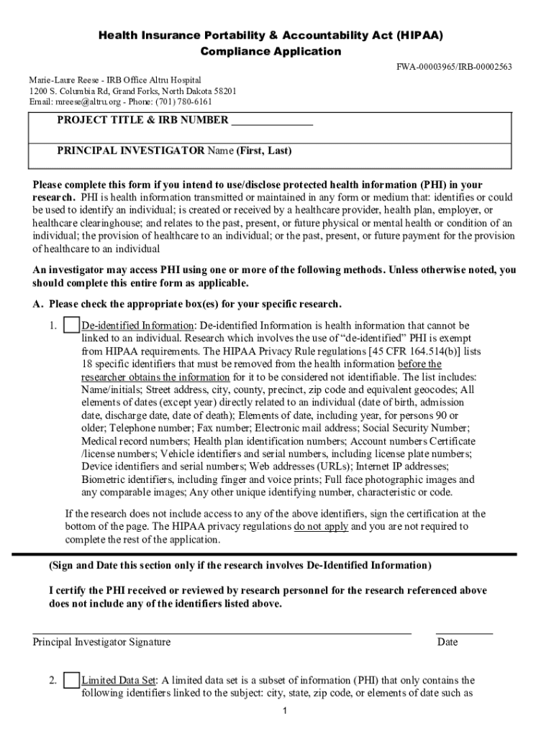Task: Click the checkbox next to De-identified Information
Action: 71,326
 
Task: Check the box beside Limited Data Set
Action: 71,680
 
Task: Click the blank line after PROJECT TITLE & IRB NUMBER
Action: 272,121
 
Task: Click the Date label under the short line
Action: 447,642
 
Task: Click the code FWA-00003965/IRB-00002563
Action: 454,67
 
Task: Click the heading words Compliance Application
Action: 271,52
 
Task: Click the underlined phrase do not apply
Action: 321,526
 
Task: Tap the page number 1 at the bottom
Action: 285,711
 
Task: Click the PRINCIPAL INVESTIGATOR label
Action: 131,151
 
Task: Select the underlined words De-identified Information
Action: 137,326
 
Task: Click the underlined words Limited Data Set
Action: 119,680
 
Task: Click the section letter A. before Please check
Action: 38,304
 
